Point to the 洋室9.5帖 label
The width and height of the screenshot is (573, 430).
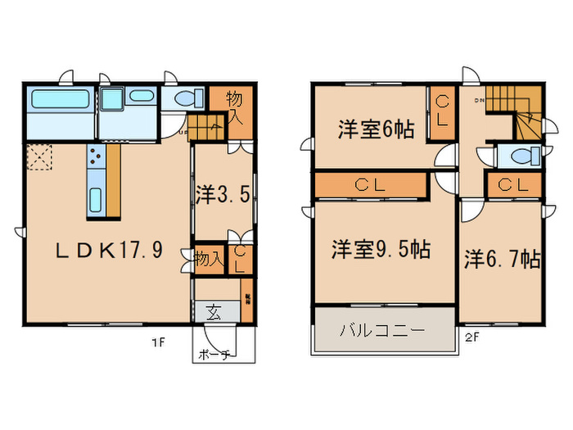tap(381, 248)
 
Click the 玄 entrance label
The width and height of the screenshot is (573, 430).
tap(214, 311)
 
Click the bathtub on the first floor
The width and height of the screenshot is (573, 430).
tap(54, 103)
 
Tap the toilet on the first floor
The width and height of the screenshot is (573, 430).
tap(188, 99)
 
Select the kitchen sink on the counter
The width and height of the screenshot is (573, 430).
tap(94, 199)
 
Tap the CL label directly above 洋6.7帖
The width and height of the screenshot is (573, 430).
tap(513, 185)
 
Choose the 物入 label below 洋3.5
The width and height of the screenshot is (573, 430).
tap(209, 259)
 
